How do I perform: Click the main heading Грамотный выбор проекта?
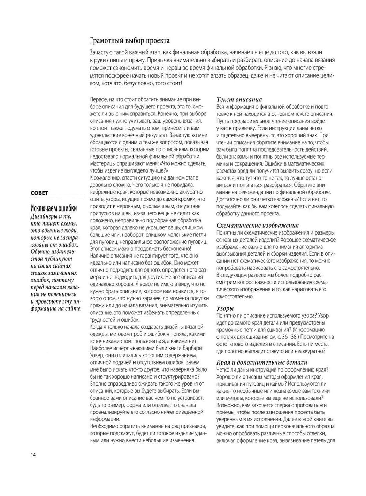(x=130, y=41)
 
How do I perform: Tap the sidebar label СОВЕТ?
(x=39, y=193)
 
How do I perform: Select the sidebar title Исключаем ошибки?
(x=53, y=208)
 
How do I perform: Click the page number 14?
(x=33, y=455)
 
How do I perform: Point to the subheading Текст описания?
(x=239, y=99)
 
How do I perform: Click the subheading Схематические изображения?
(x=257, y=225)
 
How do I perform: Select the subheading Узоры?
(x=225, y=308)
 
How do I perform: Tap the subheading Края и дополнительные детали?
(x=262, y=362)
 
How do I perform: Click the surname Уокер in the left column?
(x=97, y=355)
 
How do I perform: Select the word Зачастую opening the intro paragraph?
(x=102, y=53)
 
